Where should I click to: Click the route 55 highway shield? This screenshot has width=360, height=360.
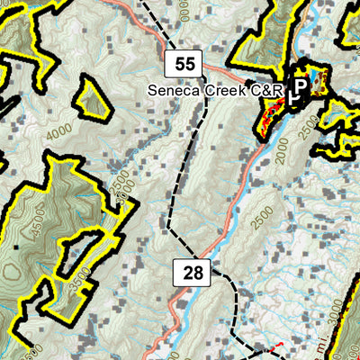point(184,63)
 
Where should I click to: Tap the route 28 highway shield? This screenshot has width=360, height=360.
point(192,273)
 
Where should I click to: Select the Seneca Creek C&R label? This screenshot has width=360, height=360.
point(215,90)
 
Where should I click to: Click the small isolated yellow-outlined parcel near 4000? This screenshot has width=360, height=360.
point(93,95)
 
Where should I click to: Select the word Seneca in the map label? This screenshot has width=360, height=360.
point(174,90)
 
